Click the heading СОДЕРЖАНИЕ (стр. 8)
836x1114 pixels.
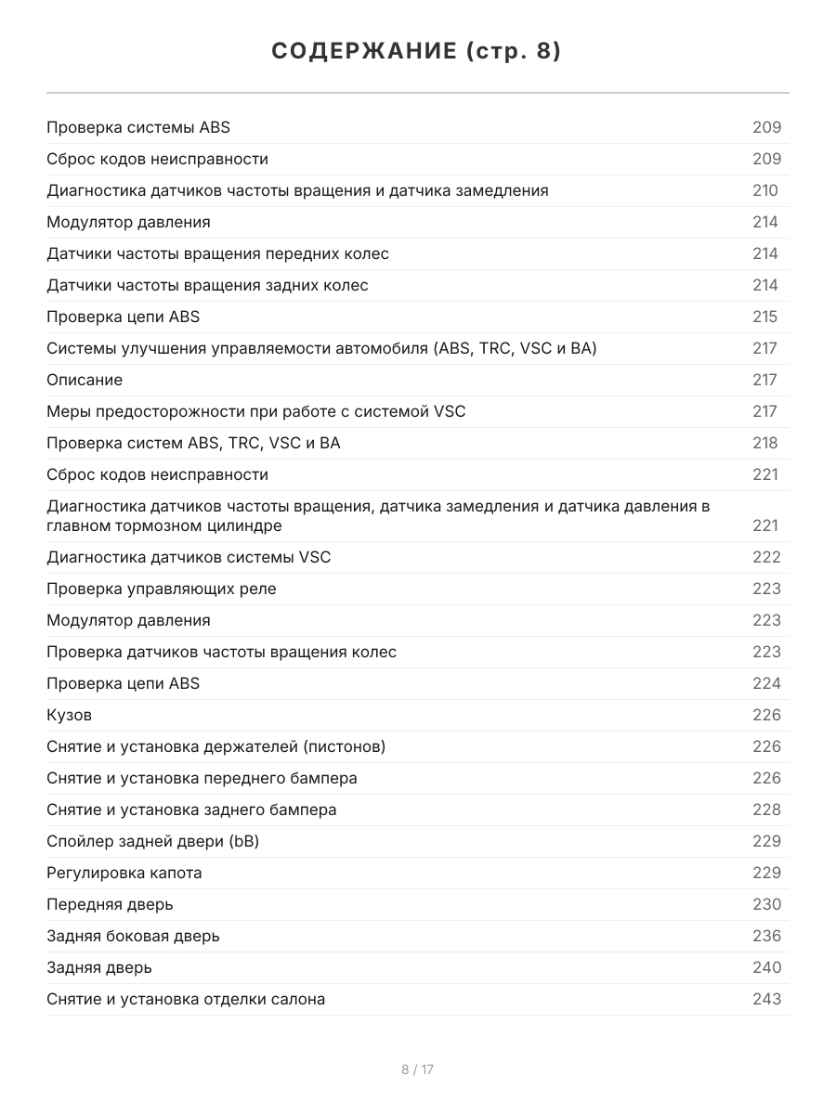417,52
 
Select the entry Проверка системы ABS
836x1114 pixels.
138,127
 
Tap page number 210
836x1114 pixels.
765,190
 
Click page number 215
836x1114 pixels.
765,317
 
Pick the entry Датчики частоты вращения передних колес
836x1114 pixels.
217,253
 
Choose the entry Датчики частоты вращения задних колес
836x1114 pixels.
207,285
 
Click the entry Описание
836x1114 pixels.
85,380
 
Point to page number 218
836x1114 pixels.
765,443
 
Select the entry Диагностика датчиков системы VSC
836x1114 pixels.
189,557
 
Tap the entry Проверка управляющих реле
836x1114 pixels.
162,589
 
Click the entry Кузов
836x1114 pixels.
70,715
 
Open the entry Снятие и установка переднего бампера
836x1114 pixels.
202,778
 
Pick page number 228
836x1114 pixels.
766,810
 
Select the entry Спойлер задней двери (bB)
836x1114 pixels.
153,841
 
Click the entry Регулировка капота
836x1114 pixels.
124,873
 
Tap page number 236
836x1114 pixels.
766,936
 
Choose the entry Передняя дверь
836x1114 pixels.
110,904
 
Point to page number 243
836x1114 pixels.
766,999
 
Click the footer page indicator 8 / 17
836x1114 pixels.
417,1069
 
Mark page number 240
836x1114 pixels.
766,967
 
